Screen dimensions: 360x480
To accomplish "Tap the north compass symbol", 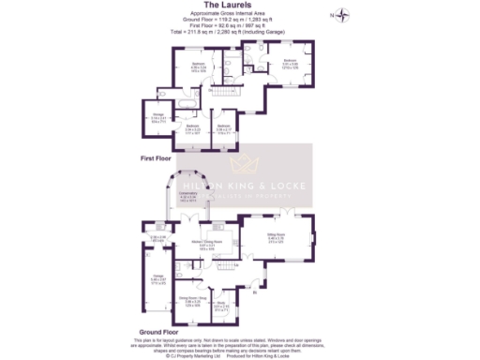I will coord(346,14).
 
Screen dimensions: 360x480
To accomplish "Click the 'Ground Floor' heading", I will coord(158,331).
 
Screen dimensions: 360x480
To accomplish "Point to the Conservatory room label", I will coord(187,198).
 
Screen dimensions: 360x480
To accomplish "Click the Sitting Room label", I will coord(275,238).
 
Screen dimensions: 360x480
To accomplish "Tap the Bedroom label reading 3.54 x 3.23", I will coord(192,128).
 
